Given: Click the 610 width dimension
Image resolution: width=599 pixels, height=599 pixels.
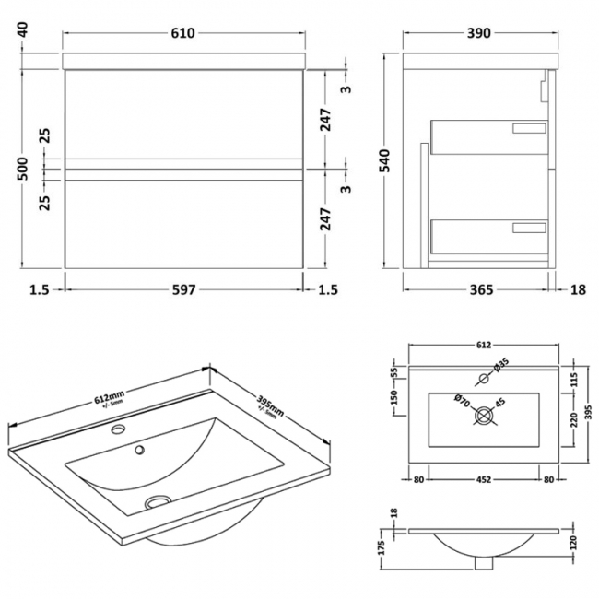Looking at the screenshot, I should click(x=182, y=34).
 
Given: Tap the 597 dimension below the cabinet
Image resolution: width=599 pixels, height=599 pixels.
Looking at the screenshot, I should click(x=183, y=290).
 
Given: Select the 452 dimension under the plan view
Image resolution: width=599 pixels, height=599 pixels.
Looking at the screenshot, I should click(x=482, y=479).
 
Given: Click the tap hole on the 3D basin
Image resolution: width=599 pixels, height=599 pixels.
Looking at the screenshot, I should click(x=119, y=429).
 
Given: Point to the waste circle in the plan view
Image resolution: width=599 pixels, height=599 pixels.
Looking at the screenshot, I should click(x=484, y=417).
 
